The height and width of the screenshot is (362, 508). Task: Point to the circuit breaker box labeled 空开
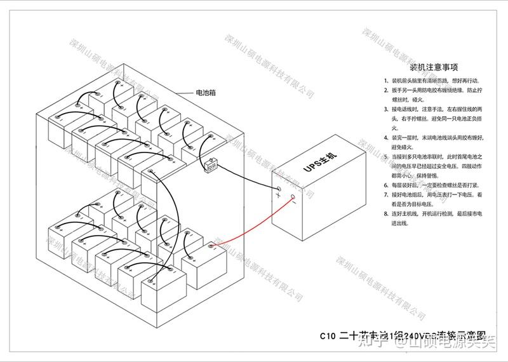[211, 167]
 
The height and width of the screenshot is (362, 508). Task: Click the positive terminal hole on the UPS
[278, 189]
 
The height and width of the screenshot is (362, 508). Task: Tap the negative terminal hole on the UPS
[293, 197]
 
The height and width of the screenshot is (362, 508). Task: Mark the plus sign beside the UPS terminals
[277, 196]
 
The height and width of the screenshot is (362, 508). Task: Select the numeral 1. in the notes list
[386, 81]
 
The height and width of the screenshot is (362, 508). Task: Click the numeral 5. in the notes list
[386, 156]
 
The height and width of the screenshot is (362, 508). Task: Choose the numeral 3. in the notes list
[386, 109]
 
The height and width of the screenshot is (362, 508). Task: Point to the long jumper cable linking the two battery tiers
[166, 203]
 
